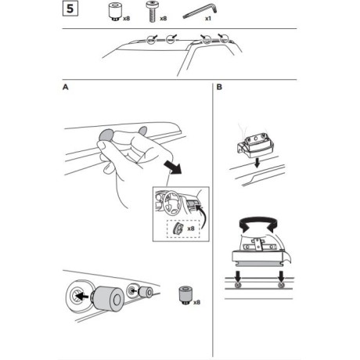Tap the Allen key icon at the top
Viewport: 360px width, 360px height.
coord(200,14)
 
